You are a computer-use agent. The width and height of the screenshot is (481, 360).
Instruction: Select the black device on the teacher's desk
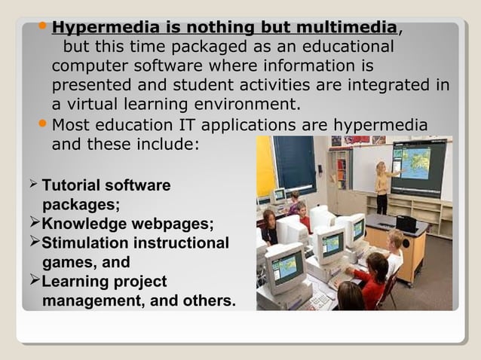[x=406, y=222]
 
